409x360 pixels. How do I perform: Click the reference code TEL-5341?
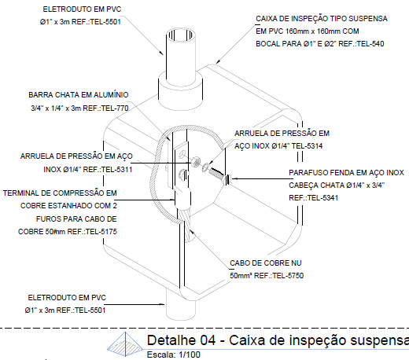point(318,197)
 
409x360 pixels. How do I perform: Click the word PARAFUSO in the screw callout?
point(308,172)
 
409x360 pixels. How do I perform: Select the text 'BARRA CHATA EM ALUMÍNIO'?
point(78,94)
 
